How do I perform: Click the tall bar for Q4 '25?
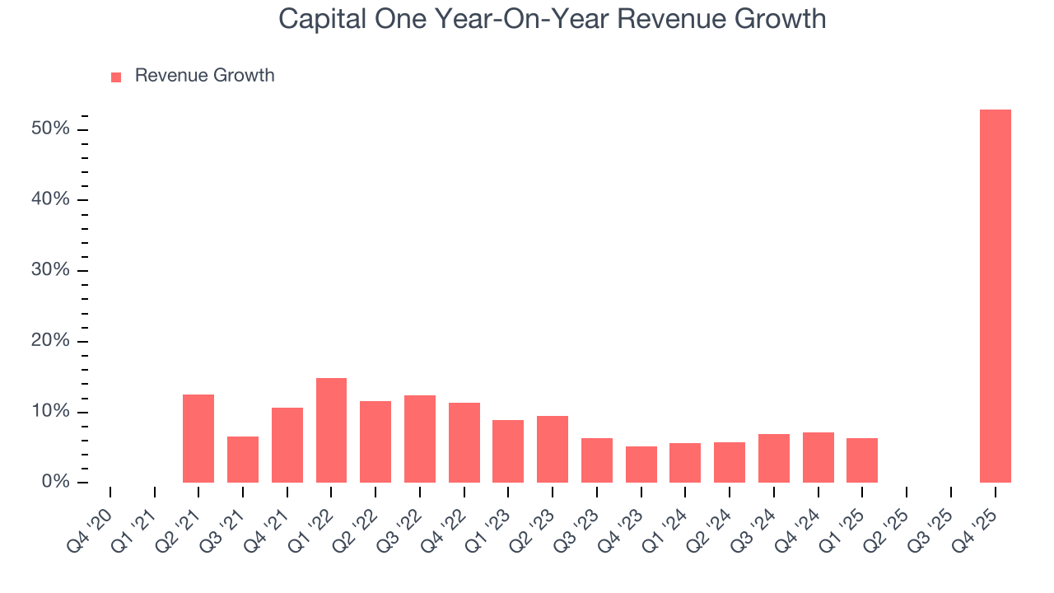point(995,296)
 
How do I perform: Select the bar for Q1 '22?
point(331,430)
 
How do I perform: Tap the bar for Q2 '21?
point(198,438)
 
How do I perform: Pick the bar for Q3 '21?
point(243,460)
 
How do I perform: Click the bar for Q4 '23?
point(641,465)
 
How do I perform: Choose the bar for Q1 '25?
point(862,460)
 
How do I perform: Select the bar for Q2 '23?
point(553,449)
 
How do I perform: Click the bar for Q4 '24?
point(818,457)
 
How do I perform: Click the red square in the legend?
point(116,77)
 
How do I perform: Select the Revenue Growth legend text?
point(204,76)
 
